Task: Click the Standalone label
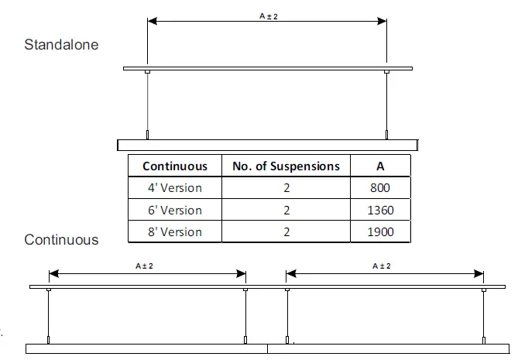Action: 62,45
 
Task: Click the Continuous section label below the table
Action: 62,240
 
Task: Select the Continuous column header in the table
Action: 175,166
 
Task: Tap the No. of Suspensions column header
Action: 286,166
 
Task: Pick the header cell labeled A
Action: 380,166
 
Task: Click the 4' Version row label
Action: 175,188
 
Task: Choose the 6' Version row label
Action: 175,210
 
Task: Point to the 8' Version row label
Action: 175,231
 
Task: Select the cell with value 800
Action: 380,188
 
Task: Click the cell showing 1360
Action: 380,210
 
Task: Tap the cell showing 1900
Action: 380,231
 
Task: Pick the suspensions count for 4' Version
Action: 286,188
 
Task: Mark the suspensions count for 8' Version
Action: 286,231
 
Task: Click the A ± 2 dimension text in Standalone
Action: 267,14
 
